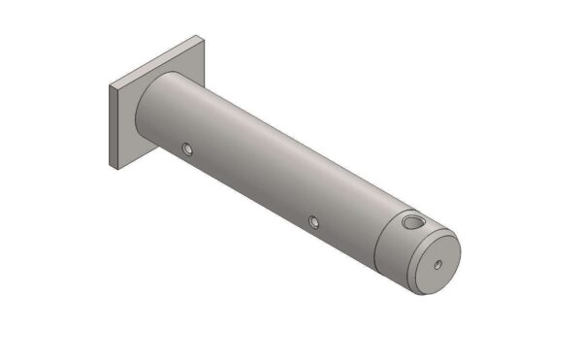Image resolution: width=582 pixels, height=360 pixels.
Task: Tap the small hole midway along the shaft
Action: pos(313,222)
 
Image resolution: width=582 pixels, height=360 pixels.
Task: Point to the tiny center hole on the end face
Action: pos(437,263)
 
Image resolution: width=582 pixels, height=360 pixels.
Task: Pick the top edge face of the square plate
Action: pos(155,61)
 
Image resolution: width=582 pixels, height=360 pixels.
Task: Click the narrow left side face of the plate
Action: pos(115,126)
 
